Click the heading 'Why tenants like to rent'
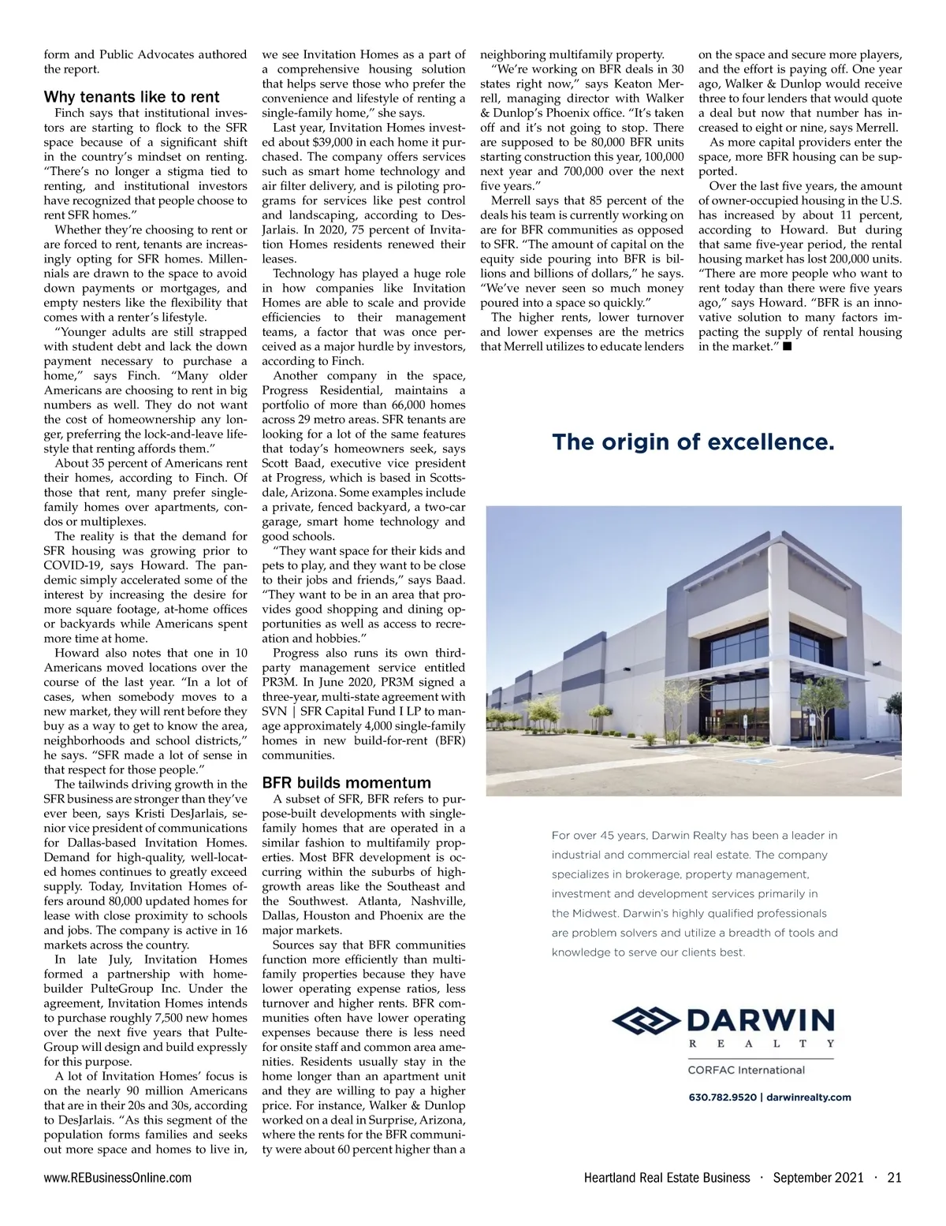pyautogui.click(x=132, y=97)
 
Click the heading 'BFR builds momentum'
pyautogui.click(x=346, y=783)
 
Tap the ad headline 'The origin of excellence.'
pyautogui.click(x=693, y=442)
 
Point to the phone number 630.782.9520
pyautogui.click(x=722, y=1097)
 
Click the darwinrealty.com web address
pyautogui.click(x=808, y=1097)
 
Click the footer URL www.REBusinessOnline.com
pyautogui.click(x=117, y=1177)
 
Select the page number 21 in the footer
pyautogui.click(x=894, y=1177)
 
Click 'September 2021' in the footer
pyautogui.click(x=818, y=1177)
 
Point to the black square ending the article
pyautogui.click(x=787, y=347)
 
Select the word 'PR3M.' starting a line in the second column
pyautogui.click(x=281, y=682)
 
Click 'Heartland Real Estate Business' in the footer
pyautogui.click(x=667, y=1177)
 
